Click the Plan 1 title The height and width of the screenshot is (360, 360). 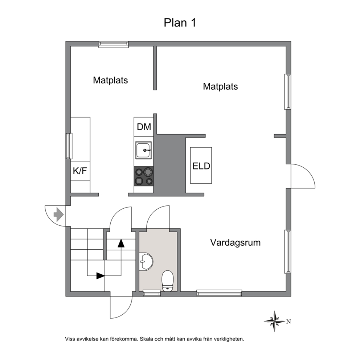[180, 23]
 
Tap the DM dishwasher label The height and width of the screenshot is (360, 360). [144, 127]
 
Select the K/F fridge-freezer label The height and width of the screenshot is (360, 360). [80, 171]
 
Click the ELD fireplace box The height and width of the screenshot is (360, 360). [201, 165]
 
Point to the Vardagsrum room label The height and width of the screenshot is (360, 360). [235, 242]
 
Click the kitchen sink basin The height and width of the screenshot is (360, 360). [143, 150]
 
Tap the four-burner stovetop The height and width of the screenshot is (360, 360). [144, 176]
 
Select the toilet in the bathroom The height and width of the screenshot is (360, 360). [168, 281]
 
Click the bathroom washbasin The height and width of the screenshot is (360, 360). [146, 261]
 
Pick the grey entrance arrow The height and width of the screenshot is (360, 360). [58, 214]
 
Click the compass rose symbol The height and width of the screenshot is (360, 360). [274, 321]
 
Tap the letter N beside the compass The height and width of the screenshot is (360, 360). [289, 322]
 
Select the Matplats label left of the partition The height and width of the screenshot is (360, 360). [110, 80]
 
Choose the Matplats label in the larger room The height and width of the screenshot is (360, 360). [220, 86]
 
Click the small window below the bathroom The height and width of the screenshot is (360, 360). [152, 293]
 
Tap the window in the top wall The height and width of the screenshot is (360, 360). [114, 44]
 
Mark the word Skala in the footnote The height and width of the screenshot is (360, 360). [147, 339]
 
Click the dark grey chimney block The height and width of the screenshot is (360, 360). [169, 165]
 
